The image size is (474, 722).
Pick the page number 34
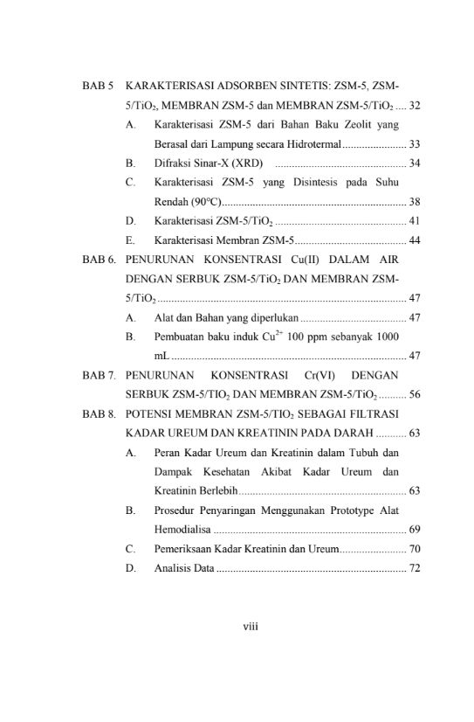[x=416, y=163]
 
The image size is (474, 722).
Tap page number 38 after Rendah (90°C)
[x=416, y=202]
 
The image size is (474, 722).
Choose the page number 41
[x=416, y=221]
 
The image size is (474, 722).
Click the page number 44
[x=416, y=240]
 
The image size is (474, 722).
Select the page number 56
[x=416, y=394]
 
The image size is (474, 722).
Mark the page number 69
[x=416, y=529]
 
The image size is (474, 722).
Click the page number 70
[x=416, y=549]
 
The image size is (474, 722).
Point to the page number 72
[x=416, y=568]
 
